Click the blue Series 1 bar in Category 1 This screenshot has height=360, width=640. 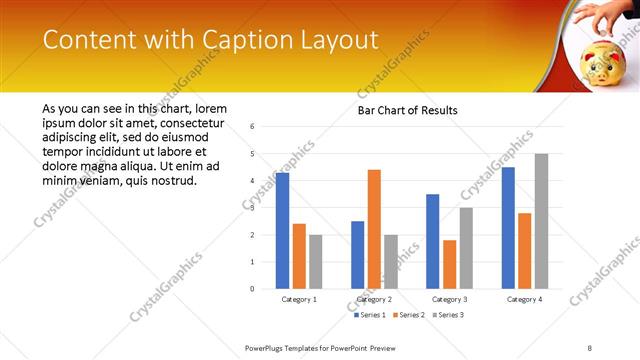click(282, 231)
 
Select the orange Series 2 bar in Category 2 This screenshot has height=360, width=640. click(374, 229)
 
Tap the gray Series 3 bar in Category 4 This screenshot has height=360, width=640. click(541, 221)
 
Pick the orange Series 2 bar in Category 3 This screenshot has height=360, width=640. click(449, 264)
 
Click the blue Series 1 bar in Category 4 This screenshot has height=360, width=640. click(508, 228)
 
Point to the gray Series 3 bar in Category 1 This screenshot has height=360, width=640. click(316, 262)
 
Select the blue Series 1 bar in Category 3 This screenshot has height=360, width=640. click(432, 241)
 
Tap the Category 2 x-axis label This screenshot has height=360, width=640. click(374, 299)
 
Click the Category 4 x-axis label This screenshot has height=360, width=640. click(524, 299)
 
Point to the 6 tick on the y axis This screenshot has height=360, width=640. click(253, 127)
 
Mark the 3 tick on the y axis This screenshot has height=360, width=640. click(253, 208)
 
